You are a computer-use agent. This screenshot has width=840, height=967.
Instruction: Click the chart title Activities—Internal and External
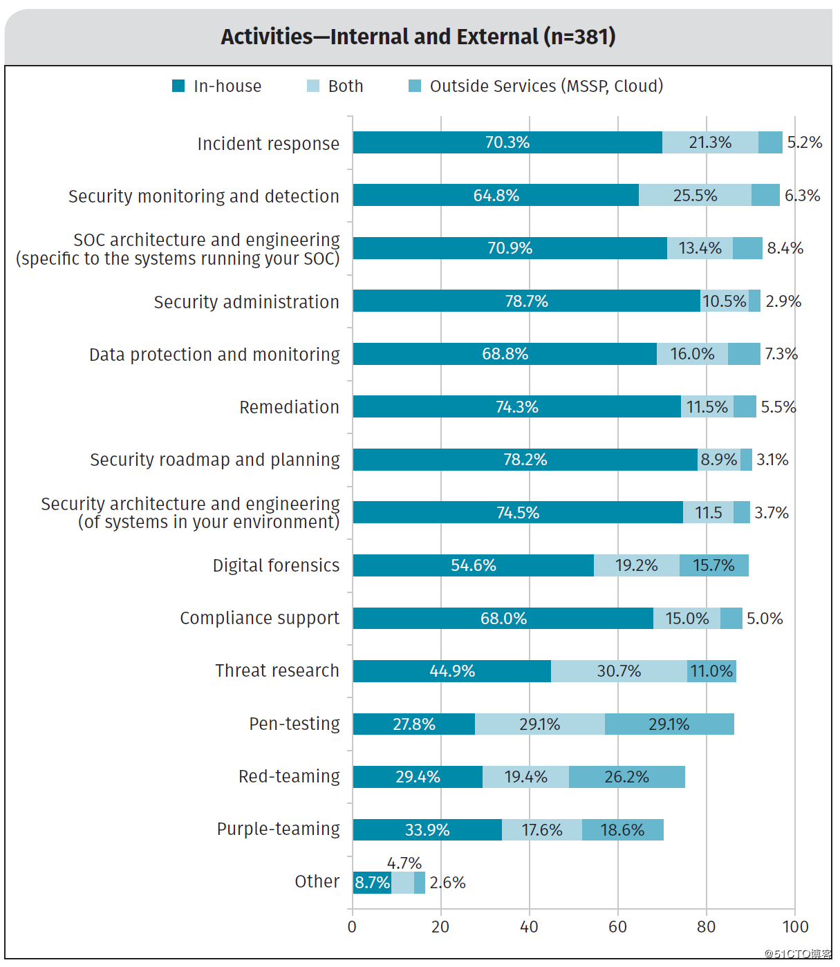point(418,37)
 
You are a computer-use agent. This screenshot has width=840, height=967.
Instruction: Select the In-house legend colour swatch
point(178,86)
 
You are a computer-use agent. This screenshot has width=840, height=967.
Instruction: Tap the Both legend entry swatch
point(312,86)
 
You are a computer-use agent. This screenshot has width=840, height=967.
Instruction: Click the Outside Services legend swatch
point(415,86)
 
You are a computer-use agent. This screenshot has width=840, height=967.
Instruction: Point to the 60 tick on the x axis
point(617,926)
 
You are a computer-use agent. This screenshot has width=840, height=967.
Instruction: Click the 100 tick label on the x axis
point(795,926)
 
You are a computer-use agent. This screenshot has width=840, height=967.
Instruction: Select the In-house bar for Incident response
point(507,142)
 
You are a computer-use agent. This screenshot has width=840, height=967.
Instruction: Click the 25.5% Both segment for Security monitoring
point(695,195)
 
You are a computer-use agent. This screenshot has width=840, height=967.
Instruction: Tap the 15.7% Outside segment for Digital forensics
point(713,565)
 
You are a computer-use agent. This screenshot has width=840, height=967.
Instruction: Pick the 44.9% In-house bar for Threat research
point(452,670)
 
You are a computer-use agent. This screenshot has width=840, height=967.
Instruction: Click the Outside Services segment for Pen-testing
point(669,724)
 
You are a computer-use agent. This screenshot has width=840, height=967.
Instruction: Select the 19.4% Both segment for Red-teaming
point(525,776)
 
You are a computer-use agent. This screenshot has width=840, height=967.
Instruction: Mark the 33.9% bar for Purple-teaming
point(427,829)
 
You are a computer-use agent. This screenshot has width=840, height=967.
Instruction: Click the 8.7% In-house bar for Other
point(372,883)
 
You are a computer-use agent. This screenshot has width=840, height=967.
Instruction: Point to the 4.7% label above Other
point(404,863)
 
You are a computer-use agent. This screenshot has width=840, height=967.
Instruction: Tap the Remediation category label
point(289,407)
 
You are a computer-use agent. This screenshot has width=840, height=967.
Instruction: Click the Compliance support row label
point(259,618)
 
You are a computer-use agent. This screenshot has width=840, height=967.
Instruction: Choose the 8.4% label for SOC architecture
point(785,247)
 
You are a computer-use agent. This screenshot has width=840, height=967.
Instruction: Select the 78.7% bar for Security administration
point(526,301)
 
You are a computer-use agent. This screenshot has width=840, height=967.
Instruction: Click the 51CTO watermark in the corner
point(797,954)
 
